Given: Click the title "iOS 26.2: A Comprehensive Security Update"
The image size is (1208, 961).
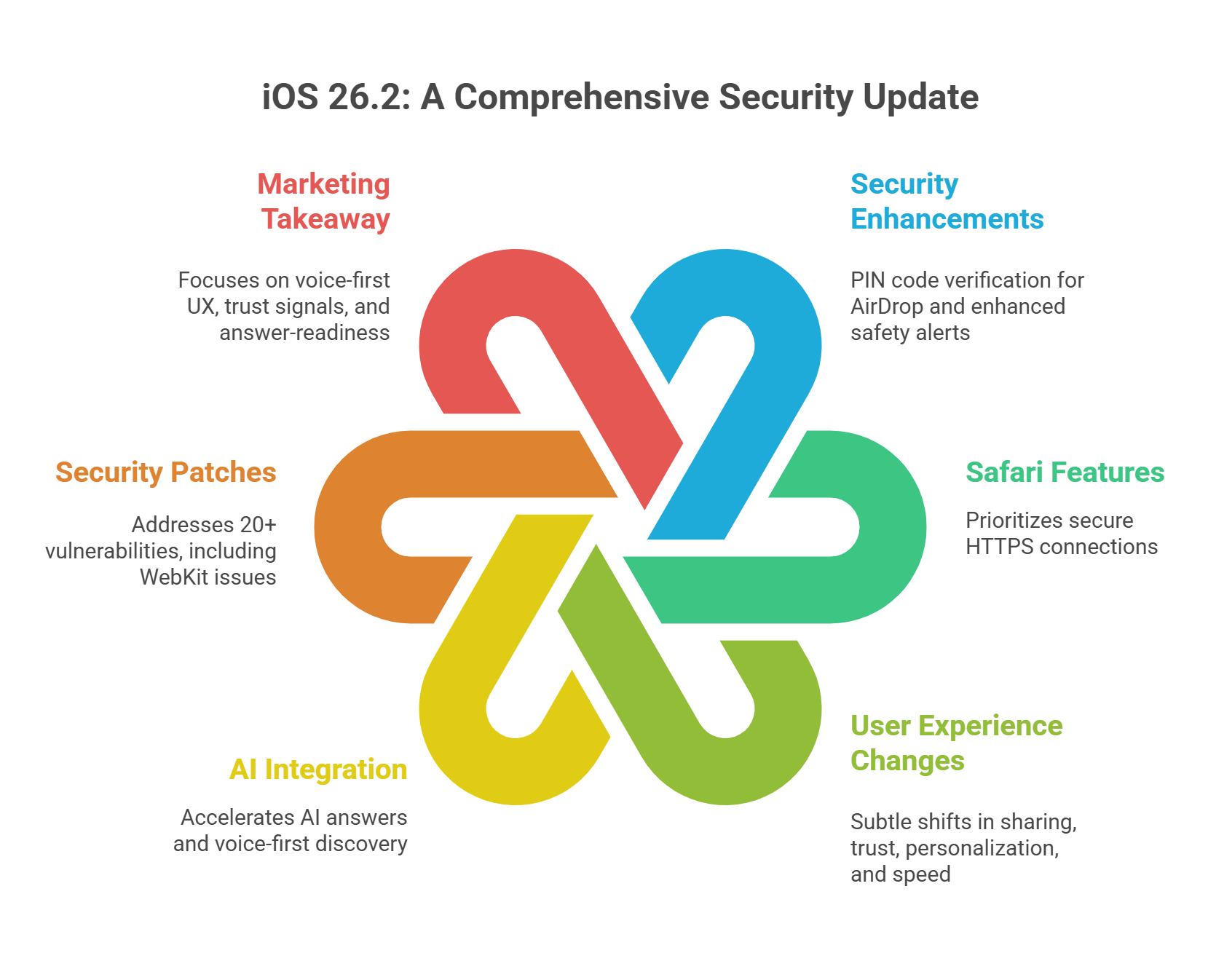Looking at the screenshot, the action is [620, 97].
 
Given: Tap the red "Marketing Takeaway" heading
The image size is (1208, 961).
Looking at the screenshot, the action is [324, 202].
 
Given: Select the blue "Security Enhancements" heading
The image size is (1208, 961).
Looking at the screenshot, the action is [947, 202].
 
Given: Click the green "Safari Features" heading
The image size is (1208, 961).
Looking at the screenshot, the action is [1065, 472].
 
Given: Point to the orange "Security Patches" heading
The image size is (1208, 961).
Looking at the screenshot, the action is [166, 472].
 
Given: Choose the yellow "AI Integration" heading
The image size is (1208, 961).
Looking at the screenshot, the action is [318, 770].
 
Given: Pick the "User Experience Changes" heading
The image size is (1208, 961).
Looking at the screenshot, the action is [956, 743].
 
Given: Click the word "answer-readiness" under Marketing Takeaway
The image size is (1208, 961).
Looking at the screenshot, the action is [304, 333].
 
